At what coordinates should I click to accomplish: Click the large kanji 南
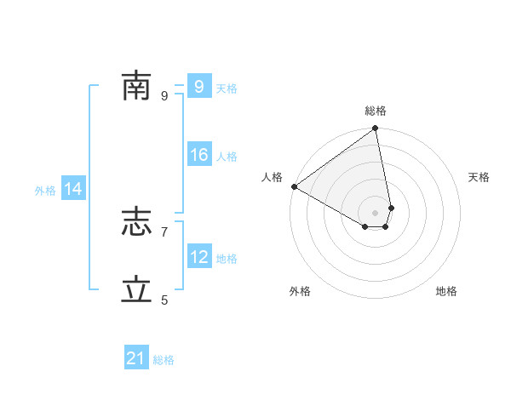coord(136,86)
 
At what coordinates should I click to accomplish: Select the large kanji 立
coord(136,290)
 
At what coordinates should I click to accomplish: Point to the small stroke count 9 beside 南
coord(164,95)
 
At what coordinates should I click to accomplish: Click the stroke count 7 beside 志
coord(164,231)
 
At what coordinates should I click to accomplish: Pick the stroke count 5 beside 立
coord(164,300)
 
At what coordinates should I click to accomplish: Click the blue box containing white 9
coord(198,87)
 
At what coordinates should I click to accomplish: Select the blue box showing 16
coord(199,155)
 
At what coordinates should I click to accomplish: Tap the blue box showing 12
coord(199,257)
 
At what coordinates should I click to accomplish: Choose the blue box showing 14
coord(73,190)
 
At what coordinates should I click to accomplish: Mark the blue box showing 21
coord(136,358)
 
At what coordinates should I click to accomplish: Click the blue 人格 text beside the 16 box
coord(227,157)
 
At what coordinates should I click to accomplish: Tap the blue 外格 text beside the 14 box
coord(45,191)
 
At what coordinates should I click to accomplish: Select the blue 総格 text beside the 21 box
coord(164,360)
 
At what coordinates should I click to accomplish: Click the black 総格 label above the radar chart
coord(376,111)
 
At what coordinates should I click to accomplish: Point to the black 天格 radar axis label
coord(479,177)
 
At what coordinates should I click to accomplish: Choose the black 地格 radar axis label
coord(446,291)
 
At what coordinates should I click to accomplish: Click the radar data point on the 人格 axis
coord(294,186)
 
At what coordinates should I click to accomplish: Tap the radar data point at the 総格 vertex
coord(376,129)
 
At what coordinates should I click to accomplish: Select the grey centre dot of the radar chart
coord(376,212)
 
